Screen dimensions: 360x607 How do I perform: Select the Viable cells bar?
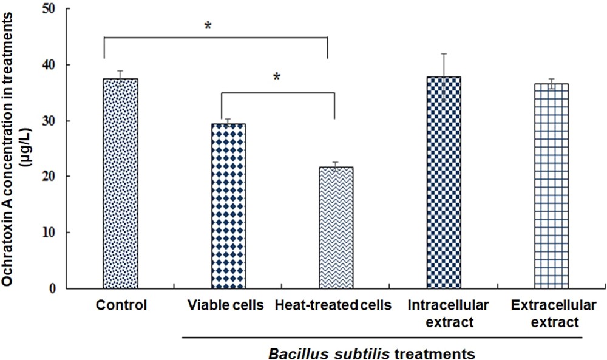(228, 206)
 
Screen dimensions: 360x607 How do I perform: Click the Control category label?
(121, 305)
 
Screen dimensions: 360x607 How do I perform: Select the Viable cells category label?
(225, 305)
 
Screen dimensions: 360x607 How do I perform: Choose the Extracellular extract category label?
(545, 313)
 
